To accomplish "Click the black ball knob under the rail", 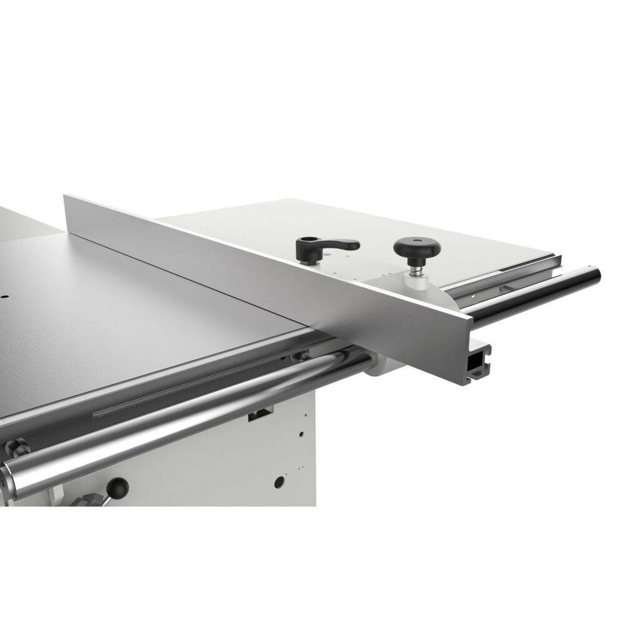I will point(117,487).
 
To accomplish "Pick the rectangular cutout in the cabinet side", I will point(260,414).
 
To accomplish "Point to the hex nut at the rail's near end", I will point(17,447).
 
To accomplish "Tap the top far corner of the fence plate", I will point(66,196).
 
